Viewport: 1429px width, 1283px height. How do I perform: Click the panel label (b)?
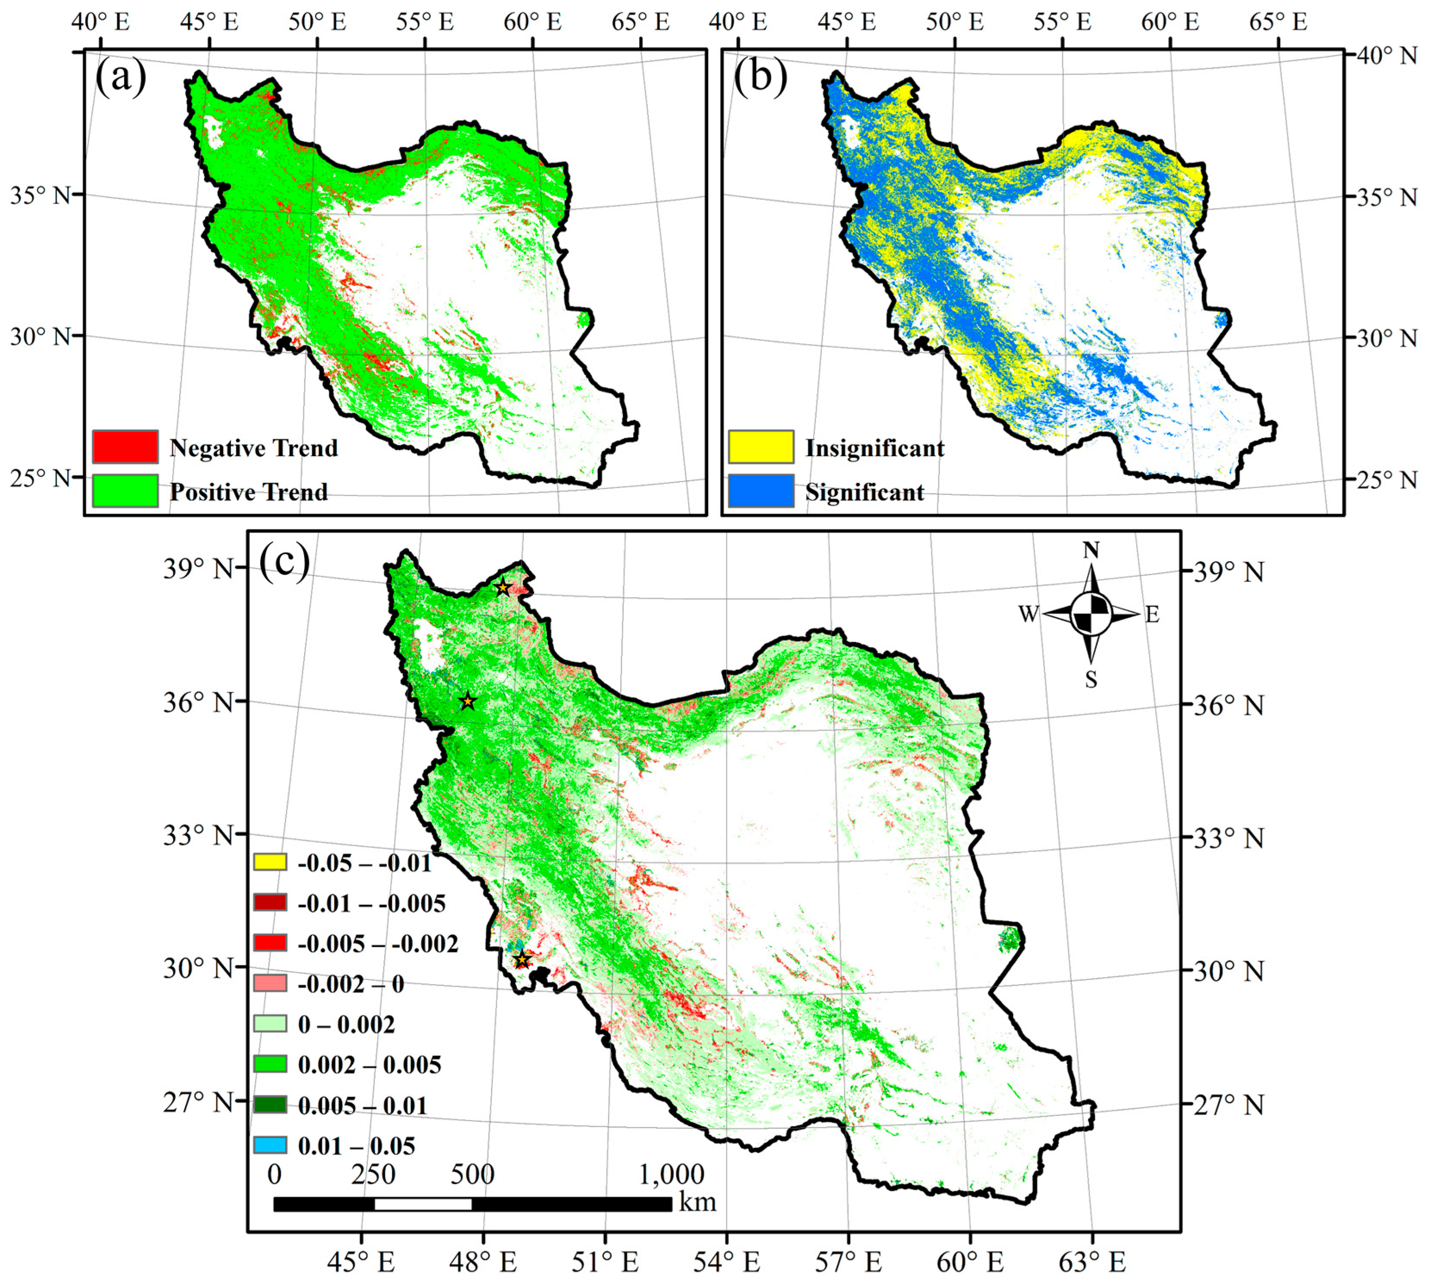pos(760,76)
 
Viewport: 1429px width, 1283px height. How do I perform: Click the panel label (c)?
pos(284,562)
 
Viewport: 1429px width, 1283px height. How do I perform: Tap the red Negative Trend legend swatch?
pos(125,447)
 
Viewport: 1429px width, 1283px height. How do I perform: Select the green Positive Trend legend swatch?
pos(125,491)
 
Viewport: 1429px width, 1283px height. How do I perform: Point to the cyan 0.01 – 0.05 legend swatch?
pos(270,1145)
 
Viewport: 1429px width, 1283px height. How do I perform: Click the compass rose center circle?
pos(1091,614)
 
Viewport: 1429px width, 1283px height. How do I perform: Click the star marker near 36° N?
pos(468,702)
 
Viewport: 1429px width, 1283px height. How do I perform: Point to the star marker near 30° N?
pos(522,960)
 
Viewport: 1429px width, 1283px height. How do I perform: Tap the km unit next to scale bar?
pos(697,1202)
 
